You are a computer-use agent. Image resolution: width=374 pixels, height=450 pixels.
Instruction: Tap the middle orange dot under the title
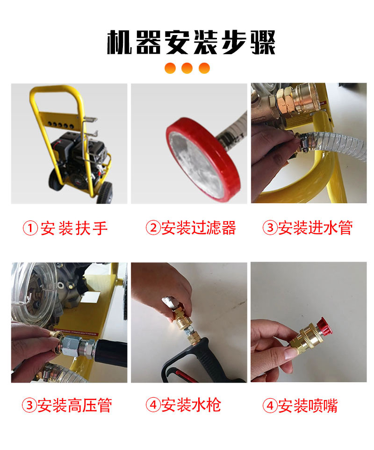coord(187,68)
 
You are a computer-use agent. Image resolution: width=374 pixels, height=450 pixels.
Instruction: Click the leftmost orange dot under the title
coord(170,68)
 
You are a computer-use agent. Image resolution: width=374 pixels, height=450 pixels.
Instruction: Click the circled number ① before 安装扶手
coord(31,229)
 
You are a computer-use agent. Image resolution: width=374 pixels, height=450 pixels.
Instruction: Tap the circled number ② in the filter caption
coord(153,229)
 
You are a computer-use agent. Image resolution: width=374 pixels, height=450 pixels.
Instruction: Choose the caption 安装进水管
coord(315,229)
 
